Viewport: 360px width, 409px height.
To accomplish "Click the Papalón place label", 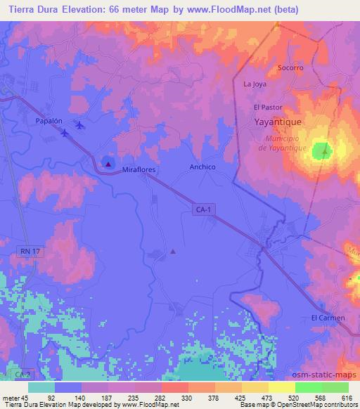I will click(x=50, y=121).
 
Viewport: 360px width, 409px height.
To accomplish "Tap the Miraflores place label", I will click(x=139, y=170).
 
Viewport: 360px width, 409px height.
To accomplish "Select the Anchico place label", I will click(x=202, y=167).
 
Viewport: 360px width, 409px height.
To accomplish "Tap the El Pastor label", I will click(x=267, y=107).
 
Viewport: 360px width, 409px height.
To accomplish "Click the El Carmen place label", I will click(x=328, y=318).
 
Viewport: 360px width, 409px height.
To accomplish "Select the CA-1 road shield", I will click(x=202, y=210).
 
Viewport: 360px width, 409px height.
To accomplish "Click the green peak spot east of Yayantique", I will click(x=323, y=150).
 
